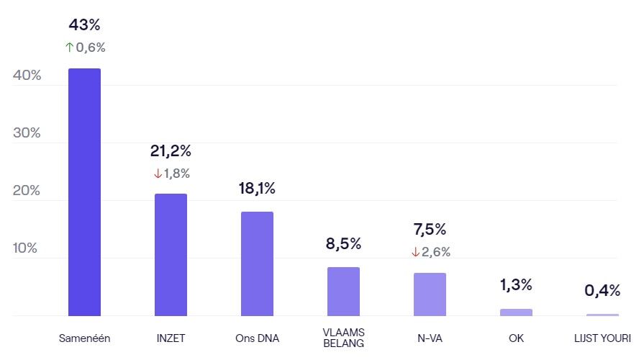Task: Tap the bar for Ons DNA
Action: (x=257, y=264)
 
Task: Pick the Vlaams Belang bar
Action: (x=343, y=291)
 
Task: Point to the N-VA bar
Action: (x=430, y=294)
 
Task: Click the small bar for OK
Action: (x=516, y=312)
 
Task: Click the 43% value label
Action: (x=84, y=25)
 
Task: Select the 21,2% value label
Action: (x=171, y=151)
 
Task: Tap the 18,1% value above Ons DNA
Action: (x=257, y=189)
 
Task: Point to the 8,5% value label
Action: (x=343, y=243)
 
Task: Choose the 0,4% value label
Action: (x=602, y=290)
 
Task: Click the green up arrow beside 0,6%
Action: (x=69, y=48)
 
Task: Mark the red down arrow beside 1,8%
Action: (x=157, y=174)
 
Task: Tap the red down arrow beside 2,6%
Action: (x=415, y=252)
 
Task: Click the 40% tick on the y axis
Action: (x=27, y=76)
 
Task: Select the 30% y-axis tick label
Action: (x=27, y=133)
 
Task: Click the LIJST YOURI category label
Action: (x=602, y=338)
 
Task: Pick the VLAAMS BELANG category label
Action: (x=343, y=338)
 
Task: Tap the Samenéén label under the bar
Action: (x=84, y=338)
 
